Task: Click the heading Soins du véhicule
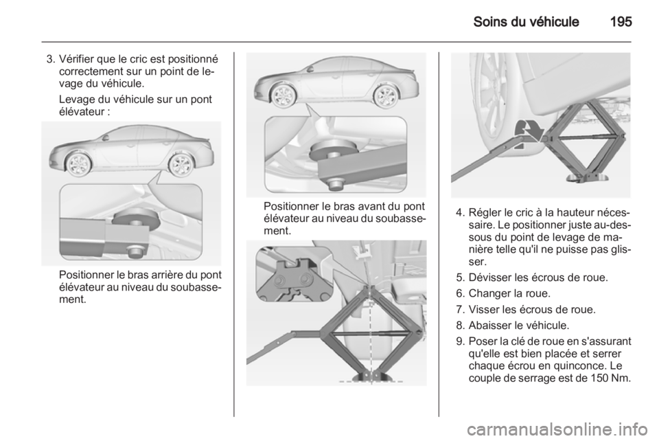click(x=527, y=21)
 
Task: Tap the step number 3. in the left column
click(x=50, y=58)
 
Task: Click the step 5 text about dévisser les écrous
click(x=538, y=278)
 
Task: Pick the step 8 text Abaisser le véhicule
click(x=519, y=325)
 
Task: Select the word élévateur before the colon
click(x=81, y=112)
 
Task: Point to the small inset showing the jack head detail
click(x=294, y=273)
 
